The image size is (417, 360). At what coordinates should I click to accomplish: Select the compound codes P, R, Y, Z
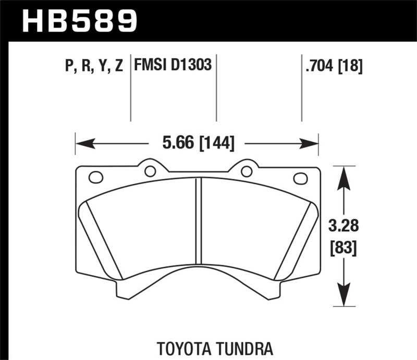[x=94, y=66]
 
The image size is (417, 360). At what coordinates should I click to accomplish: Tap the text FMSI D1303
[x=173, y=66]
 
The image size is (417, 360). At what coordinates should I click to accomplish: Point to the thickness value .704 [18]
[x=332, y=66]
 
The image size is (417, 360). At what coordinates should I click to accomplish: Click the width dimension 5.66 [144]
[x=197, y=142]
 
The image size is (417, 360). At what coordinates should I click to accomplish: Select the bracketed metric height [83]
[x=342, y=249]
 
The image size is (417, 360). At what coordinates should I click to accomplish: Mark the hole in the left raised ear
[x=150, y=171]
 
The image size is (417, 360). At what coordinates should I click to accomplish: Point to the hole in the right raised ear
[x=247, y=171]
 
